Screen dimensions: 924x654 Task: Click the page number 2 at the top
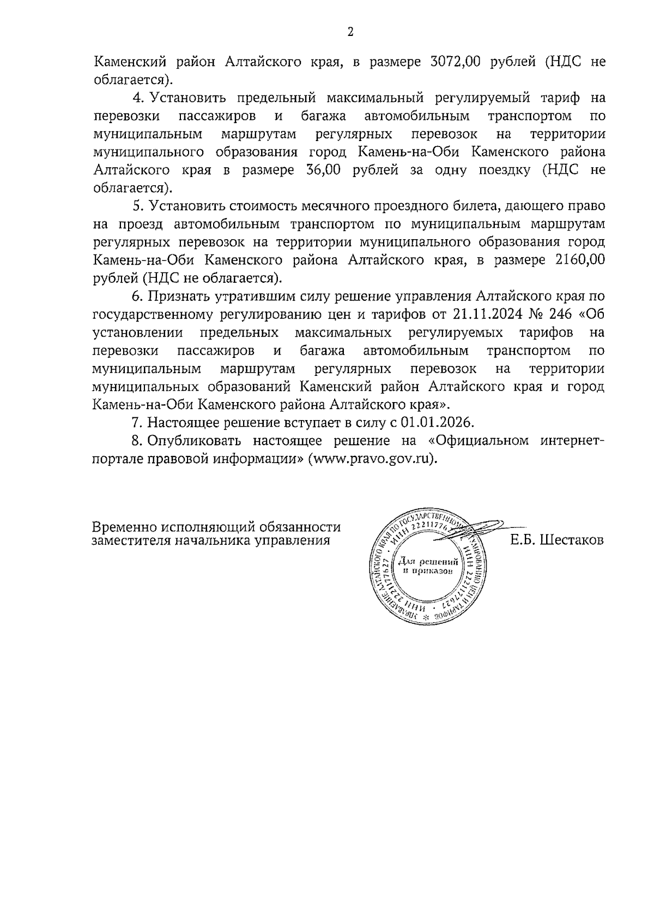click(x=350, y=32)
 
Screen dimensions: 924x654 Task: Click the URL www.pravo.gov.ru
click(x=373, y=458)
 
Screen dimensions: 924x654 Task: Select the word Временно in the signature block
click(x=125, y=527)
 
